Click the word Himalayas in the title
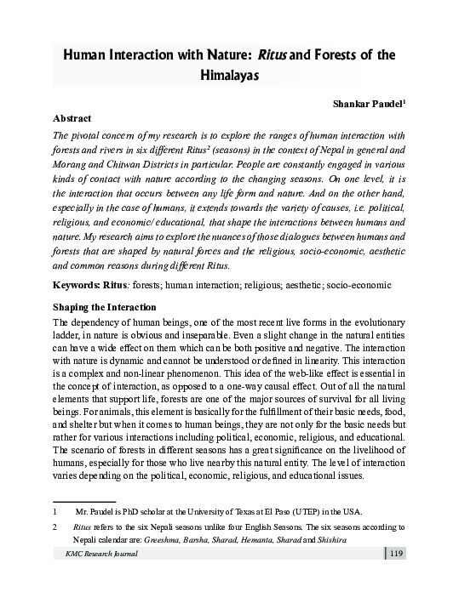(230, 76)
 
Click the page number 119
(396, 555)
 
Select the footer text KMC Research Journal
(95, 555)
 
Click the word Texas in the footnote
(254, 512)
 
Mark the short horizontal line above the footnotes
(83, 501)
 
